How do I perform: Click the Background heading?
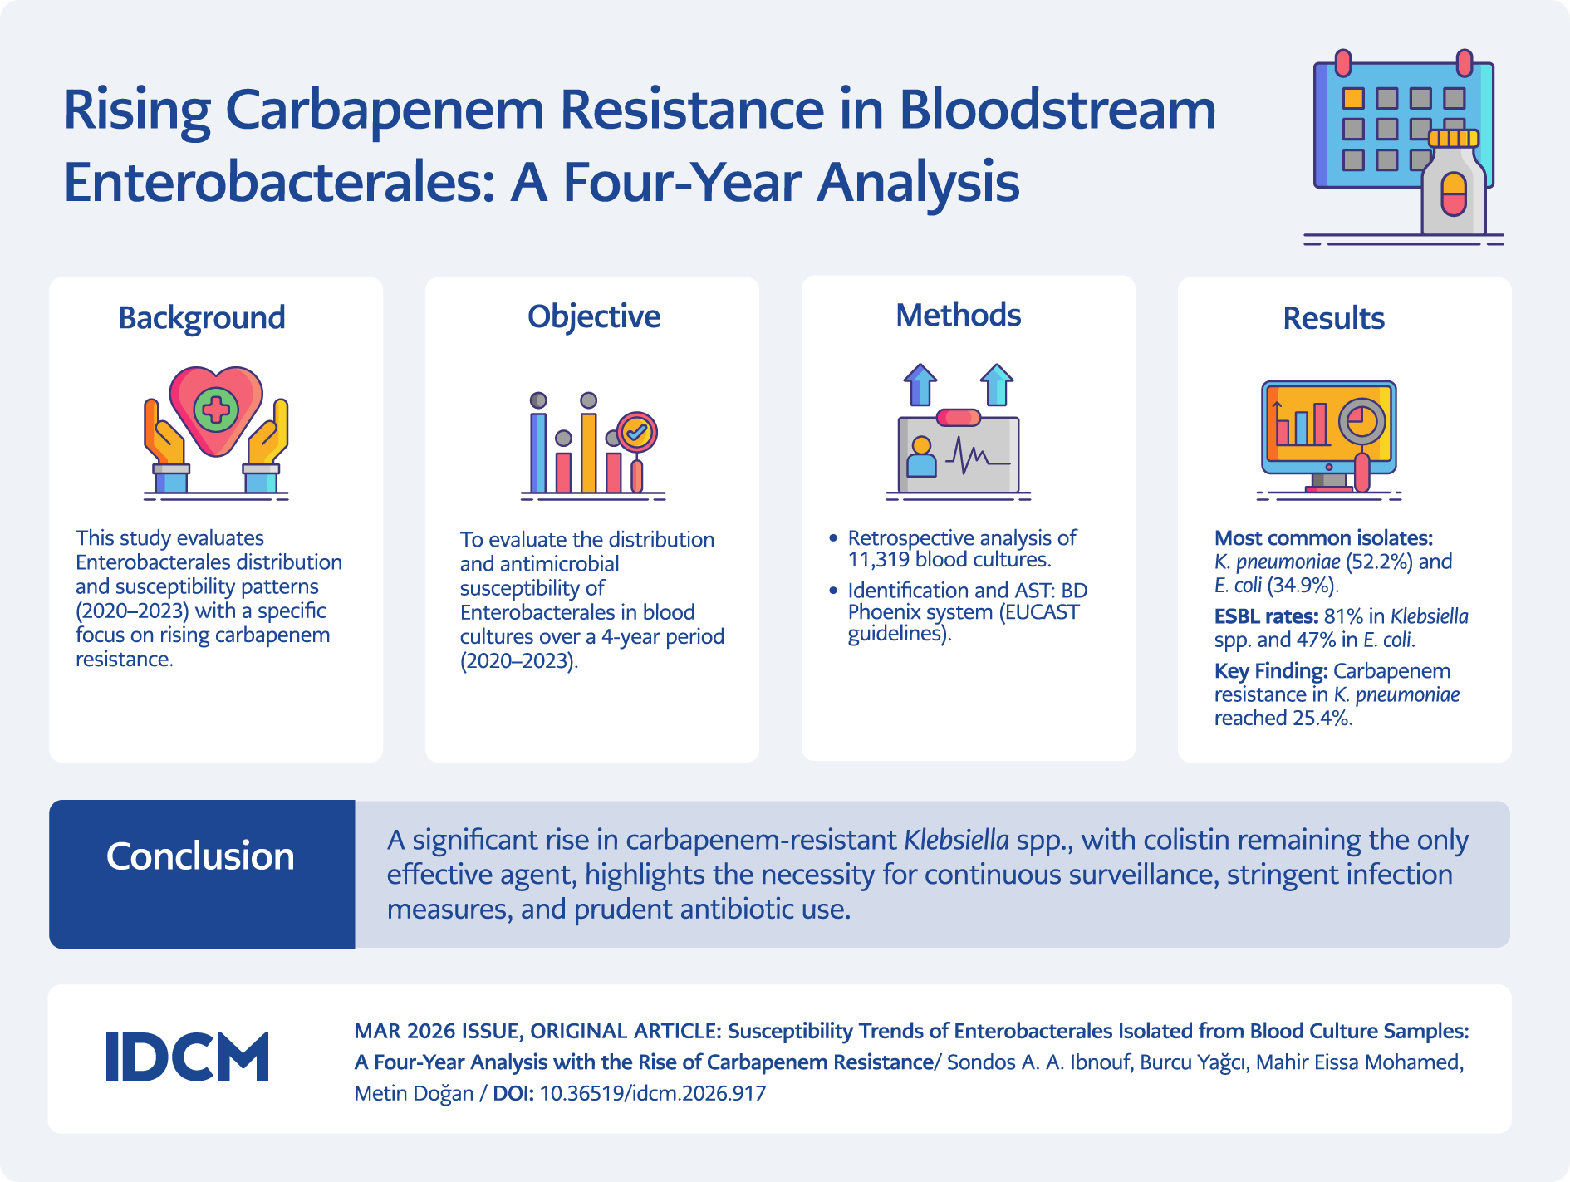point(202,318)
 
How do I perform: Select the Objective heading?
point(594,316)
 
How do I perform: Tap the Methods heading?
point(958,316)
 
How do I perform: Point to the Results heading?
point(1333,318)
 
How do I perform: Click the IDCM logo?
point(188,1057)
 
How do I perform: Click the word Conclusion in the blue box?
point(200,856)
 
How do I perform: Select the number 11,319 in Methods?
point(878,560)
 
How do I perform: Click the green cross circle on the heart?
point(216,409)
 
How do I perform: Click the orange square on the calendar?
point(1353,99)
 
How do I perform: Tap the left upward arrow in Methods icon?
point(920,385)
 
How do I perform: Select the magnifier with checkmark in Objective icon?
point(637,432)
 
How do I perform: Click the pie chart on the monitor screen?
point(1361,419)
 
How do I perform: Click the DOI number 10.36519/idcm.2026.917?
point(652,1093)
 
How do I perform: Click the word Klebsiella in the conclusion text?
point(956,840)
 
